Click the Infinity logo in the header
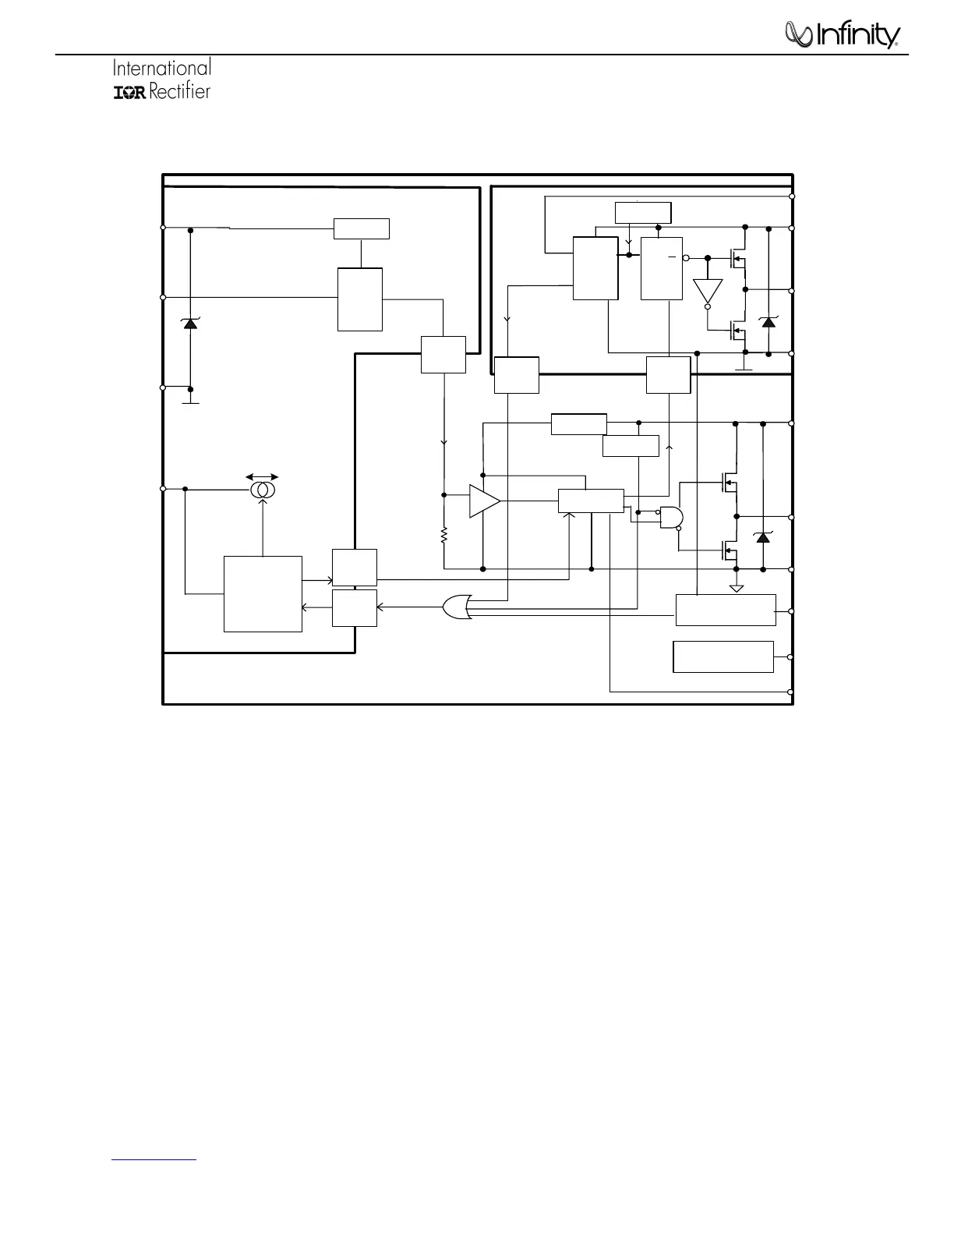[x=842, y=35]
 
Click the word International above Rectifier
[x=162, y=68]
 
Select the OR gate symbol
[x=456, y=607]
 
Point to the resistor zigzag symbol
[x=443, y=536]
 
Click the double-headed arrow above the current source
[x=262, y=477]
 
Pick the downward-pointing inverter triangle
[x=708, y=292]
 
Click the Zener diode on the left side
[x=189, y=323]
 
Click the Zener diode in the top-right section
[x=768, y=321]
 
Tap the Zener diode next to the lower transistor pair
[x=763, y=537]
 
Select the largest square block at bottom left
[x=263, y=593]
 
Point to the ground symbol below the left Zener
[x=190, y=402]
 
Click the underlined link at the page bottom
[x=154, y=1159]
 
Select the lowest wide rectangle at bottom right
[x=723, y=656]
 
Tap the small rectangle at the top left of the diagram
[x=361, y=229]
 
